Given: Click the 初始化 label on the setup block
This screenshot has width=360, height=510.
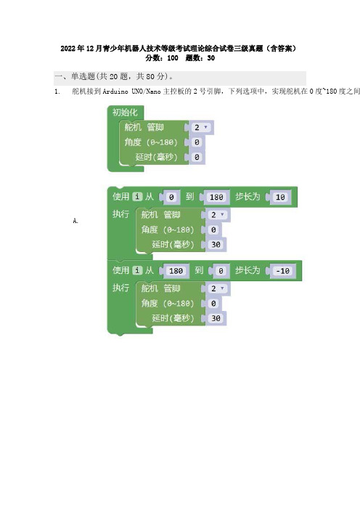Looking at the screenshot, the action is pyautogui.click(x=125, y=113).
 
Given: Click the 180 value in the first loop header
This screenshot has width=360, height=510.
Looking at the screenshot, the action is pyautogui.click(x=216, y=197).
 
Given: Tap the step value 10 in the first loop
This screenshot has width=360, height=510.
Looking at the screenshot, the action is pyautogui.click(x=280, y=197).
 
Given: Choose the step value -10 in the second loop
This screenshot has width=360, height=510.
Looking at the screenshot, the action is pyautogui.click(x=282, y=271).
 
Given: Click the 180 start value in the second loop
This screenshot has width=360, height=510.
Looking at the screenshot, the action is pyautogui.click(x=176, y=271).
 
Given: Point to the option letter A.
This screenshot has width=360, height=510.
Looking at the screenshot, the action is pyautogui.click(x=75, y=221).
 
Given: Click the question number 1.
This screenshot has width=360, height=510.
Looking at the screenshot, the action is pyautogui.click(x=57, y=92).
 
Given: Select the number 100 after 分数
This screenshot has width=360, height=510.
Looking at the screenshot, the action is pyautogui.click(x=173, y=58).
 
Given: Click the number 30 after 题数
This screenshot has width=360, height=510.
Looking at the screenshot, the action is pyautogui.click(x=211, y=58).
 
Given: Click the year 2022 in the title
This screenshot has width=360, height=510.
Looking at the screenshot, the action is pyautogui.click(x=68, y=49).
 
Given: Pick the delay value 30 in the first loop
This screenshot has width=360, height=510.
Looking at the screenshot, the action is pyautogui.click(x=216, y=245).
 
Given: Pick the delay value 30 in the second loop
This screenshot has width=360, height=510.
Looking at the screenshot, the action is pyautogui.click(x=216, y=318).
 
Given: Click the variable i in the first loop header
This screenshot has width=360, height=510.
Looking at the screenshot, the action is pyautogui.click(x=137, y=196).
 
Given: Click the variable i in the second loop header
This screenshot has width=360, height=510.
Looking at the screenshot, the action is pyautogui.click(x=137, y=270).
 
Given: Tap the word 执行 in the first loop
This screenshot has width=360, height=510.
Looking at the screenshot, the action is pyautogui.click(x=121, y=214).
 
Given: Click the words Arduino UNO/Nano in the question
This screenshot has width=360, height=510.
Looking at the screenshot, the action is pyautogui.click(x=131, y=92).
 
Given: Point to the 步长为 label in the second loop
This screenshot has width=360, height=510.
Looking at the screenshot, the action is pyautogui.click(x=247, y=270).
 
